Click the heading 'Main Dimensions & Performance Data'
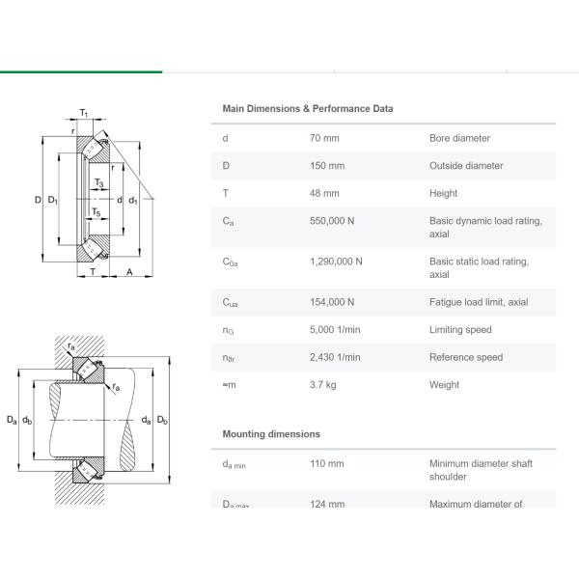click(x=307, y=109)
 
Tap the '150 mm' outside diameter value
click(x=326, y=166)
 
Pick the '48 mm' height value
click(x=323, y=193)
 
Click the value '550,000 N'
click(x=331, y=221)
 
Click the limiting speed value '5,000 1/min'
click(x=334, y=330)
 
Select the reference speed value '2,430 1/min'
click(x=334, y=357)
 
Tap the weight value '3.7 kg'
click(x=322, y=385)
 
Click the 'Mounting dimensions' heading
click(x=271, y=434)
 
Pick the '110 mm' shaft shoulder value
click(x=326, y=463)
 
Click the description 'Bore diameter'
click(x=459, y=138)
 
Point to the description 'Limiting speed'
click(x=460, y=330)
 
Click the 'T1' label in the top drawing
click(x=84, y=114)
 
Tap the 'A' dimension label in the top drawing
click(x=129, y=272)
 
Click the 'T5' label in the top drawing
click(x=96, y=211)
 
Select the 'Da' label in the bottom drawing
click(x=11, y=420)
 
